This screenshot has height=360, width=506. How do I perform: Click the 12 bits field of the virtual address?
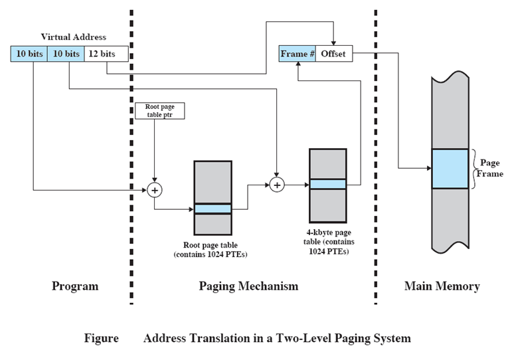102,54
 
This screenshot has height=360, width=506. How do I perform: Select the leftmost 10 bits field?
29,54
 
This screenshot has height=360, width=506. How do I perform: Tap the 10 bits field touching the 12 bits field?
65,54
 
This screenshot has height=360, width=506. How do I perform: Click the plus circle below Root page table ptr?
154,190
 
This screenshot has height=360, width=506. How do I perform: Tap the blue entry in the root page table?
212,209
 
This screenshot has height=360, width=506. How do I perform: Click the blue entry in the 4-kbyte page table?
327,184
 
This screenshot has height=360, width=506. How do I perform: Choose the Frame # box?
297,54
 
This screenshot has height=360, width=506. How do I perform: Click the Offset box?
333,54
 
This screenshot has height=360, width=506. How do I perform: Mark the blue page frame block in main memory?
450,169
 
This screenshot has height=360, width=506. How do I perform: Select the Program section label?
74,286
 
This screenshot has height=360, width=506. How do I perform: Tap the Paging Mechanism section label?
248,286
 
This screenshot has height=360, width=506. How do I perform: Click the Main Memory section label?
442,286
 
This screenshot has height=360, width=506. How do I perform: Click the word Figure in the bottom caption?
101,338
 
